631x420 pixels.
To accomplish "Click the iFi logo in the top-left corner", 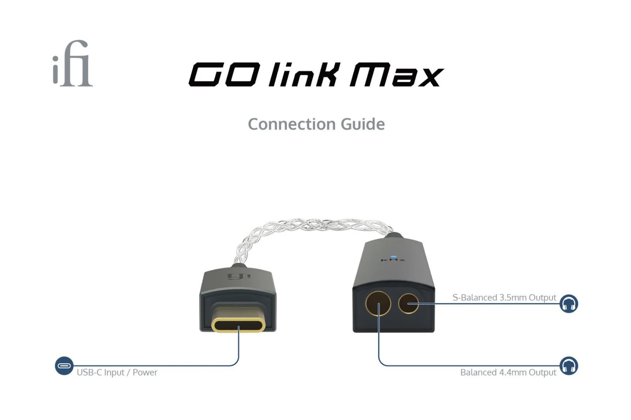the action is (73, 63).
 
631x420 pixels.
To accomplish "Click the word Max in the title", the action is (396, 74).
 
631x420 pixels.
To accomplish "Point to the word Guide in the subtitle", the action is (363, 124).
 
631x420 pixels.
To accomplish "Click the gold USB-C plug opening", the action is (238, 325).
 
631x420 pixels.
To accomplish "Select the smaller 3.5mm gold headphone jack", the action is (409, 303).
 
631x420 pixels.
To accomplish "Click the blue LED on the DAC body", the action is (394, 257).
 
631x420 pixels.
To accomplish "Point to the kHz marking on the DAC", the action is (393, 260).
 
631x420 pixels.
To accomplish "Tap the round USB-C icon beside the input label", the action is (64, 366).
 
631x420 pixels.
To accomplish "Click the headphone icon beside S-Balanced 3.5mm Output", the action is (569, 304).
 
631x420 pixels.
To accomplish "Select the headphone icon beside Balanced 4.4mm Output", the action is (569, 366).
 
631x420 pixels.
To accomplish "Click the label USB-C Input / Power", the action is (117, 372).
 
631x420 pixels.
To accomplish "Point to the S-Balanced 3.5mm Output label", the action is (504, 297).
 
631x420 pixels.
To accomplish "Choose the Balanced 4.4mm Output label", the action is (508, 372).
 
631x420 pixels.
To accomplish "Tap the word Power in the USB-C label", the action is (145, 372).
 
